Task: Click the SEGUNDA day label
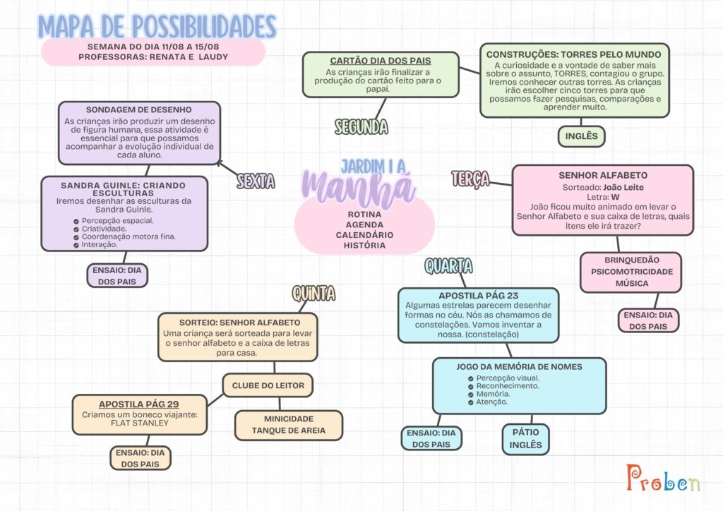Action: point(361,127)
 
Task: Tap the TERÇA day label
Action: point(470,179)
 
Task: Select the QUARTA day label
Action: point(448,266)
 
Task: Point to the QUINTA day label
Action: point(313,294)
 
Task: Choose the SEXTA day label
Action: point(256,181)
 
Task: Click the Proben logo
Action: point(663,478)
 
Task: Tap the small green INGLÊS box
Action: point(581,136)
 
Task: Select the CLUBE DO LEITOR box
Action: point(268,385)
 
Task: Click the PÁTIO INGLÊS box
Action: point(525,439)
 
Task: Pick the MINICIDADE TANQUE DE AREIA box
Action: point(289,425)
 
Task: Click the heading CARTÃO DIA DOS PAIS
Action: point(381,61)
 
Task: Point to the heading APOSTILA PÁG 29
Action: point(139,404)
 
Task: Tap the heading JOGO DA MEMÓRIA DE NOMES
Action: point(519,367)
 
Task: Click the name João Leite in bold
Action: point(623,188)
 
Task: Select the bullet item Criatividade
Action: point(104,229)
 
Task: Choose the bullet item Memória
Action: point(493,394)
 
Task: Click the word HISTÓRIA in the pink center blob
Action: point(364,245)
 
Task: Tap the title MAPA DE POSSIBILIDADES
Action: point(157,26)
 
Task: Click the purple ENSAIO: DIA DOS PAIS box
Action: point(117,275)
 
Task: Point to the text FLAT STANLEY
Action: point(140,423)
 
